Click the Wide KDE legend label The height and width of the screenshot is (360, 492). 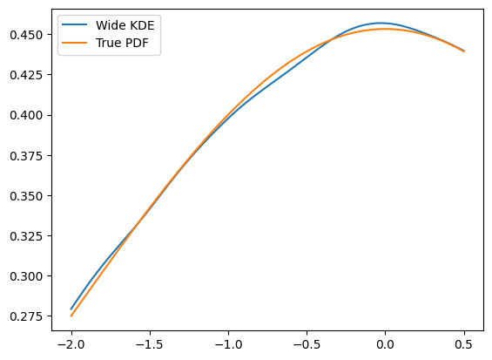pos(125,25)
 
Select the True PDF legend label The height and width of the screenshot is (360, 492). pos(122,43)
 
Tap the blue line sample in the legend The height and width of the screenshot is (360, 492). pos(75,24)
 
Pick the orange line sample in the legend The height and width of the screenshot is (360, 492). pos(75,43)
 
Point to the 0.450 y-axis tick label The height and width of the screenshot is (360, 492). pos(26,35)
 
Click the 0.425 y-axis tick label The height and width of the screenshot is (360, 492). pos(26,75)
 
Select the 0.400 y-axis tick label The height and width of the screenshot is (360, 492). pos(26,115)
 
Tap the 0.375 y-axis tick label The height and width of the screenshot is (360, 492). pos(26,155)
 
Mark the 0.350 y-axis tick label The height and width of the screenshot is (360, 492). pos(26,196)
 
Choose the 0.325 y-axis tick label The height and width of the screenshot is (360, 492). pos(26,236)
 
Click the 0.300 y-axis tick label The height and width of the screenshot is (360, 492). pos(26,276)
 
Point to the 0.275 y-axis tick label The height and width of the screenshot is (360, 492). pos(26,316)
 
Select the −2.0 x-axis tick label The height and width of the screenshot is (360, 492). pos(71,344)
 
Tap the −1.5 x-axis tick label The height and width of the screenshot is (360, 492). pos(150,344)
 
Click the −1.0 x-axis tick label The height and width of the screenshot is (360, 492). pos(228,344)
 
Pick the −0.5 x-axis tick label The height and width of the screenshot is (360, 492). pos(307,344)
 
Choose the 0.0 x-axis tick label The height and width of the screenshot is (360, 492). pos(385,344)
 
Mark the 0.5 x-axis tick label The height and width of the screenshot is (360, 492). pos(464,344)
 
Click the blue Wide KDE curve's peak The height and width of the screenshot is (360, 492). pos(381,23)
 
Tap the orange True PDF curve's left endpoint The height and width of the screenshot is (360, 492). pos(71,316)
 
